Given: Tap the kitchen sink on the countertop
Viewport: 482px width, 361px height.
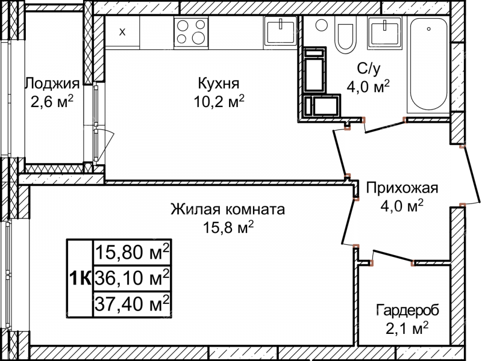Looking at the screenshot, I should tap(280, 30).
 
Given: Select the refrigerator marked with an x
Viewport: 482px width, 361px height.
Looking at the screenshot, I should tap(122, 31).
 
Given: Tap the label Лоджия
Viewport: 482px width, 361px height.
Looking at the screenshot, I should tap(52, 83).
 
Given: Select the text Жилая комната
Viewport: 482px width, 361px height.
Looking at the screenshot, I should tap(228, 210).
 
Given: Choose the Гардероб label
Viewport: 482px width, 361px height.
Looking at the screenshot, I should tap(407, 310).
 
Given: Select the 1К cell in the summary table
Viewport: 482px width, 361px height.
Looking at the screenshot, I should tap(80, 278).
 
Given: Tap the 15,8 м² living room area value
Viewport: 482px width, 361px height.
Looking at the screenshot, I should tap(228, 227).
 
